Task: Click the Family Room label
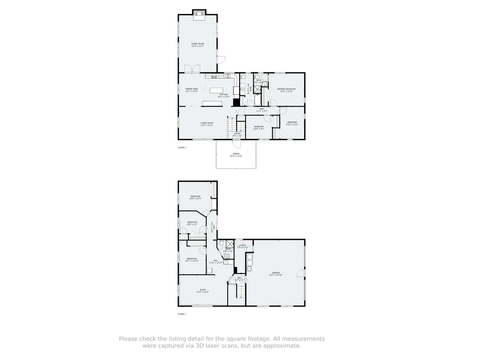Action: click(x=197, y=45)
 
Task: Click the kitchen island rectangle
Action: click(x=216, y=90)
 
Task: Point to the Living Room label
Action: click(x=207, y=124)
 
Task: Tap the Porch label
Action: click(x=236, y=155)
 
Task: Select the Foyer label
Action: click(x=237, y=134)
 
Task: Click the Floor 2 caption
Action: click(x=182, y=148)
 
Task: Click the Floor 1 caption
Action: click(x=182, y=314)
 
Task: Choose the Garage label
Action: click(x=276, y=273)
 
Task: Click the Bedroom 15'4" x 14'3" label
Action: click(x=195, y=197)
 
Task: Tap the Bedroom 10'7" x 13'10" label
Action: click(x=192, y=259)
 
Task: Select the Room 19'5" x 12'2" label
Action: click(x=202, y=290)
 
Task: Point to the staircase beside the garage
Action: click(x=241, y=292)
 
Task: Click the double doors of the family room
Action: click(x=192, y=69)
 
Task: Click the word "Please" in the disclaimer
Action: click(x=128, y=338)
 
